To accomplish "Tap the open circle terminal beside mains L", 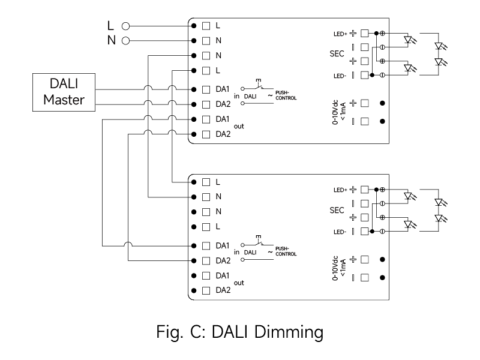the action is (x=125, y=26).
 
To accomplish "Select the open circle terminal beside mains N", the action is (x=125, y=41).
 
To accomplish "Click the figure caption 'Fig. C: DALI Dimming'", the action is (x=239, y=332).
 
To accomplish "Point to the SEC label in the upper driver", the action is (x=337, y=54).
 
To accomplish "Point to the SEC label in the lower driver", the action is (x=337, y=211).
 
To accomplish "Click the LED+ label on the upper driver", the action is (x=340, y=34).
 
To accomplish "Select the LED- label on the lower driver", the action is (x=340, y=232).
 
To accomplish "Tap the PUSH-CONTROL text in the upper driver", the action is (x=286, y=95).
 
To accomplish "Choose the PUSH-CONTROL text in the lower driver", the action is (x=286, y=251).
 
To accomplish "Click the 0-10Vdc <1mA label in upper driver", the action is (x=339, y=112).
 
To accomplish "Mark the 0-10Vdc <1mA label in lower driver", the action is (x=339, y=268).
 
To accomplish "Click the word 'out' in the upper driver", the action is (x=239, y=127).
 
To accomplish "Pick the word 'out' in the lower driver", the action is (x=239, y=283).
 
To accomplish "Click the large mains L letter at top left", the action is (x=110, y=26).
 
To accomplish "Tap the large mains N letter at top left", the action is (x=112, y=40).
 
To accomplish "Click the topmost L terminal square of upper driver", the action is (x=206, y=26).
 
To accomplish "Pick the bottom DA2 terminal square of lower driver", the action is (x=206, y=290).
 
